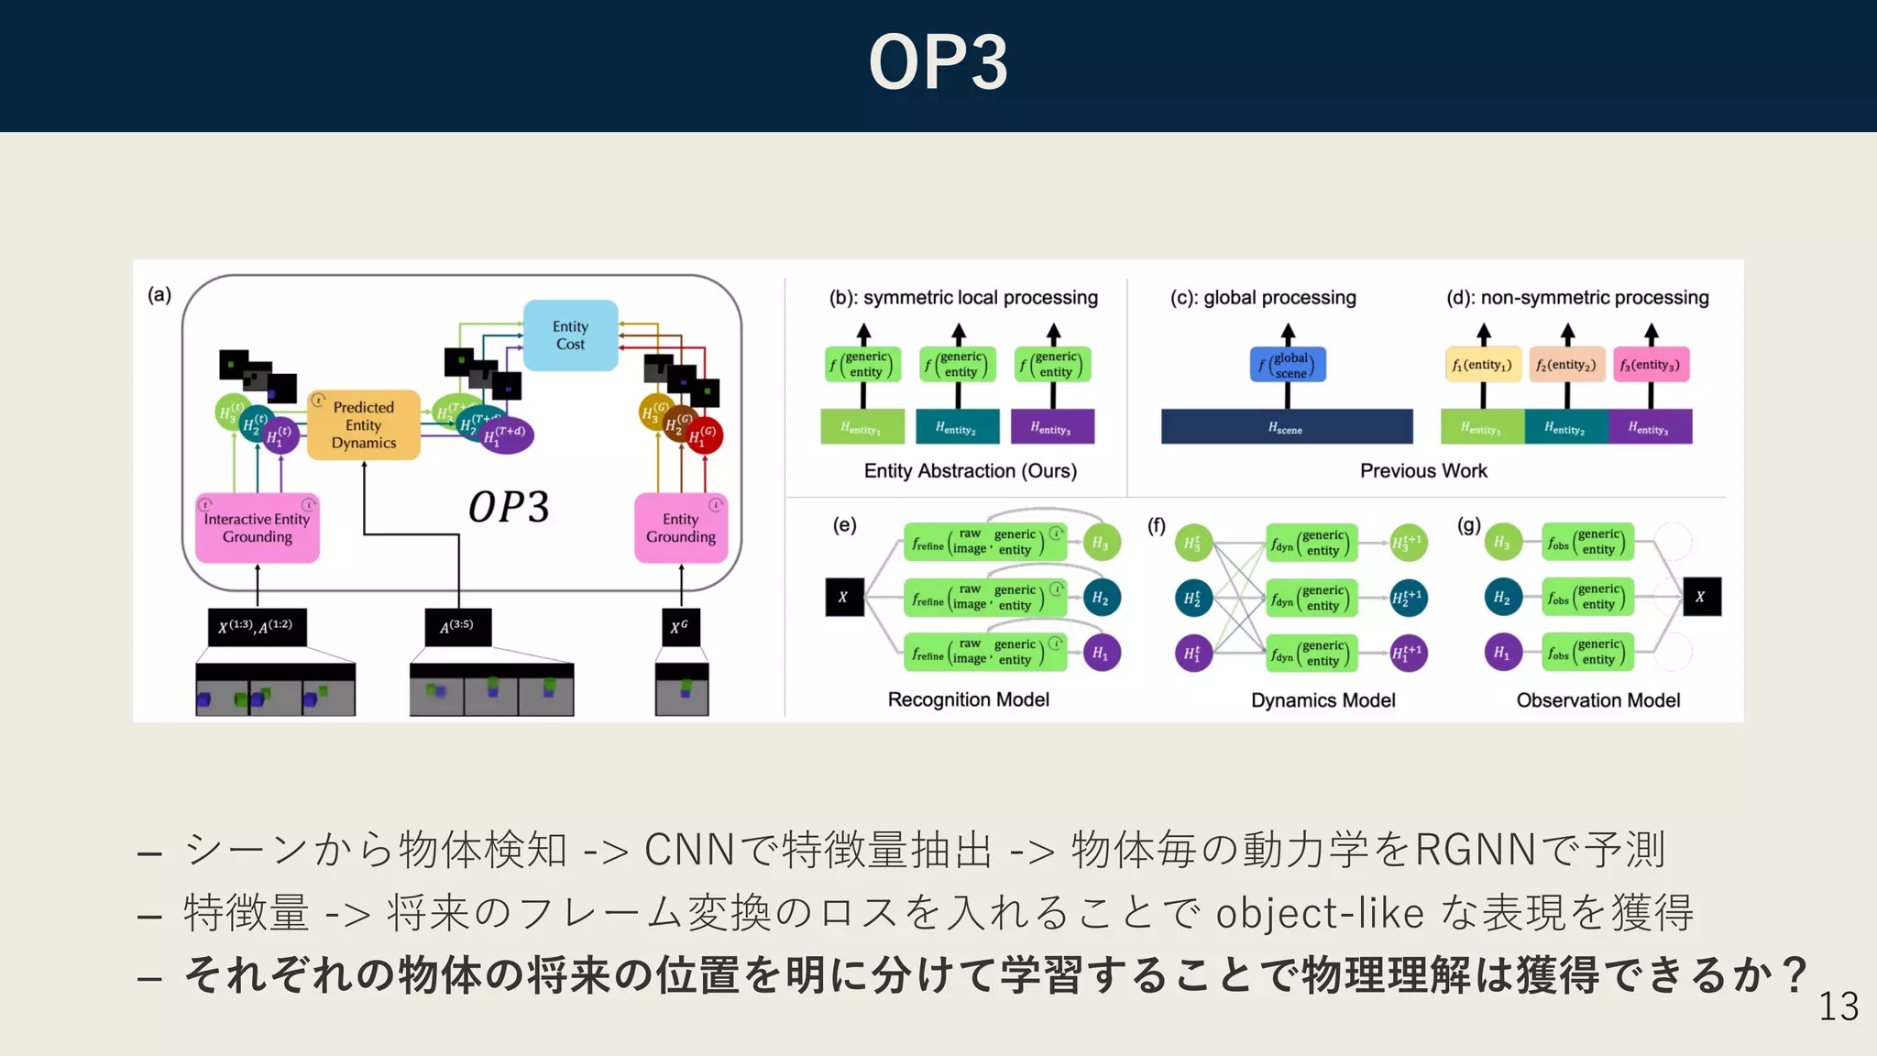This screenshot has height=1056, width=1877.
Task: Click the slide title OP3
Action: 938,62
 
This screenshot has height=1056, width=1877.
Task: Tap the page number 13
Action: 1838,1006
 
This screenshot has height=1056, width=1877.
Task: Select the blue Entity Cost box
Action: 570,335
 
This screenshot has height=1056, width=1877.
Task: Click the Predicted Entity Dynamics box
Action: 364,425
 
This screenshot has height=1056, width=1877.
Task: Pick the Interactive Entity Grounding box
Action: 258,528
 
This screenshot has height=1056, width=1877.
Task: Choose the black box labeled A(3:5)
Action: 457,627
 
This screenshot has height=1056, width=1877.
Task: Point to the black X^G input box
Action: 680,627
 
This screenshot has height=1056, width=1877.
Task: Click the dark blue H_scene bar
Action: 1286,427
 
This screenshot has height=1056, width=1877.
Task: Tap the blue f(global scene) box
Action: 1288,365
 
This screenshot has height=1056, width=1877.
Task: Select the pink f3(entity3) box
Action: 1651,365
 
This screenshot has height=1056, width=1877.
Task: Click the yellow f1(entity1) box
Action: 1483,365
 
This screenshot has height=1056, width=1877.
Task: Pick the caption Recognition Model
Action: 968,699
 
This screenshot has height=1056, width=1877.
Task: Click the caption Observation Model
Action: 1597,700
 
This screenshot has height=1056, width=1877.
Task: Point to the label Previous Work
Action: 1422,470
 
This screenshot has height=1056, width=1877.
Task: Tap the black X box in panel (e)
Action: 844,598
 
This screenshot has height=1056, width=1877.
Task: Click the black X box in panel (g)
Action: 1701,597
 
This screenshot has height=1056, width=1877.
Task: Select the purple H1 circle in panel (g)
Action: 1502,653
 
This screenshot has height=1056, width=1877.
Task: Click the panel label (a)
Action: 159,294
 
